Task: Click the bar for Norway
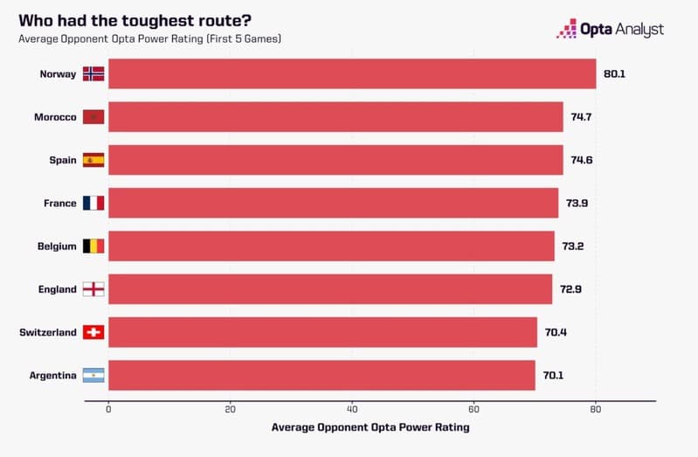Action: point(352,73)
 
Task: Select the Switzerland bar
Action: point(322,332)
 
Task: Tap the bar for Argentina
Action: point(321,375)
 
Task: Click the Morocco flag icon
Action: point(93,117)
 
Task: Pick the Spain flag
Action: point(93,160)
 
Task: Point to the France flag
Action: point(93,203)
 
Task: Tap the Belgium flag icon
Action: point(93,246)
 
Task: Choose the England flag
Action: point(93,289)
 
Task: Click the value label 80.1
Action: point(614,74)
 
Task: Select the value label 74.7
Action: point(581,117)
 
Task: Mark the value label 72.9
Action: point(570,289)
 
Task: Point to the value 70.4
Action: point(556,332)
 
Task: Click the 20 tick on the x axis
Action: point(230,409)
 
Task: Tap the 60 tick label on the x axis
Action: point(473,409)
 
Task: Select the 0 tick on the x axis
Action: point(108,409)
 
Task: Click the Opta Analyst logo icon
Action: point(567,29)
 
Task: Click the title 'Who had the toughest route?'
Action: point(135,20)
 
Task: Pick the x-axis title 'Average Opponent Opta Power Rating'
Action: point(370,427)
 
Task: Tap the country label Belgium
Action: point(57,246)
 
